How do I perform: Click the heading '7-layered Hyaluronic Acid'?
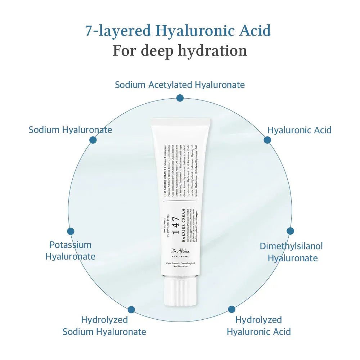[x=178, y=31]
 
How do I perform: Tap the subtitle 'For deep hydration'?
[x=180, y=50]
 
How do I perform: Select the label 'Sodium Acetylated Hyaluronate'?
[x=180, y=85]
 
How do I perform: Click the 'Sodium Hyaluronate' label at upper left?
[x=70, y=130]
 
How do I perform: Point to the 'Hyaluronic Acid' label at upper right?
[x=299, y=130]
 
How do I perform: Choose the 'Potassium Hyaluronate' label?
[x=71, y=251]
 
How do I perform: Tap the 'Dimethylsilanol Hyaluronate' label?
[x=291, y=252]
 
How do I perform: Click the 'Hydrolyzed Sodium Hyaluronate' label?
[x=104, y=325]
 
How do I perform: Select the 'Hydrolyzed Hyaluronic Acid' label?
[x=258, y=325]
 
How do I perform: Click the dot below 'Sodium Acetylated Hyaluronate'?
[x=180, y=98]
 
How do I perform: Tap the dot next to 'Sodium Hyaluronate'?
[x=93, y=140]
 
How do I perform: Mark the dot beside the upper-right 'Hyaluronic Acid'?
[x=267, y=140]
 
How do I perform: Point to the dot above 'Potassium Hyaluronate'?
[x=71, y=231]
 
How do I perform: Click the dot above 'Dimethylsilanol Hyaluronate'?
[x=290, y=231]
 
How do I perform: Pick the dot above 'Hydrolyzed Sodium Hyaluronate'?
[x=131, y=310]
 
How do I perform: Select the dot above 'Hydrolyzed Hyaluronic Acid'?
[x=231, y=309]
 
